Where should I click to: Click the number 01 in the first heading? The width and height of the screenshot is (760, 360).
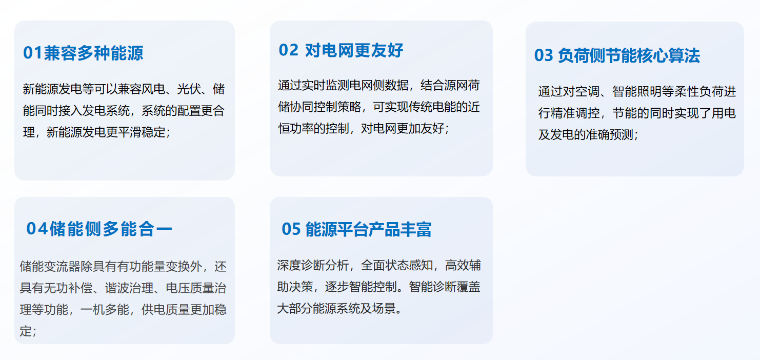point(33,53)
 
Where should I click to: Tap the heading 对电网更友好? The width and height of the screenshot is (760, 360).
point(354,50)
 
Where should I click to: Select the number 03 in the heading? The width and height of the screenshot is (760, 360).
point(544,55)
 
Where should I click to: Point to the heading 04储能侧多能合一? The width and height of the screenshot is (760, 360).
point(99,229)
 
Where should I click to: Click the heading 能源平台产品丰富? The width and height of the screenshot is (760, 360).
point(368,229)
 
